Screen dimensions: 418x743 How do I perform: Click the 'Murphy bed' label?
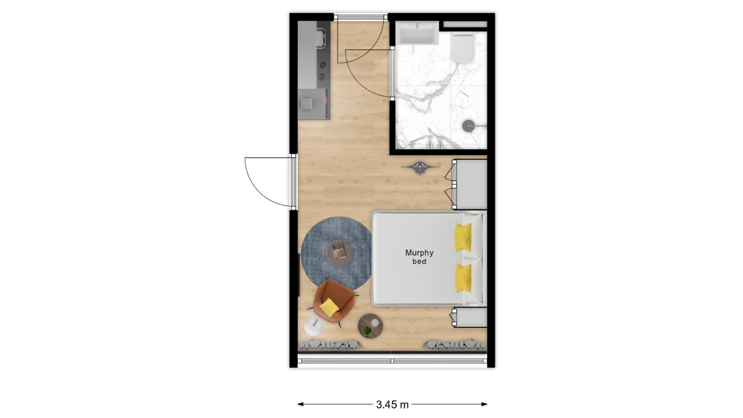(x=419, y=257)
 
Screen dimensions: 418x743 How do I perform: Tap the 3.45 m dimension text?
(x=392, y=405)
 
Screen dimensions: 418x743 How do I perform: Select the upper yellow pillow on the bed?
(x=463, y=237)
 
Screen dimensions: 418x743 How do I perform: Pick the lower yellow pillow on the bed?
(x=463, y=278)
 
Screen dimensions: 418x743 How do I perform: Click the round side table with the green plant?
(x=370, y=326)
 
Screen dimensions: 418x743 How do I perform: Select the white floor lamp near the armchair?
(x=313, y=326)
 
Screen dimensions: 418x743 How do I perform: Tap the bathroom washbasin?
(x=417, y=33)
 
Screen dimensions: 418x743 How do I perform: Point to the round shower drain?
(x=468, y=125)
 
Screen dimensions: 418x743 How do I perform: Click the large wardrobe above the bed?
(x=469, y=185)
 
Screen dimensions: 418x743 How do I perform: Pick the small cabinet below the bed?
(x=470, y=317)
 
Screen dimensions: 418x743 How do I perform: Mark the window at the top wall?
(x=361, y=17)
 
